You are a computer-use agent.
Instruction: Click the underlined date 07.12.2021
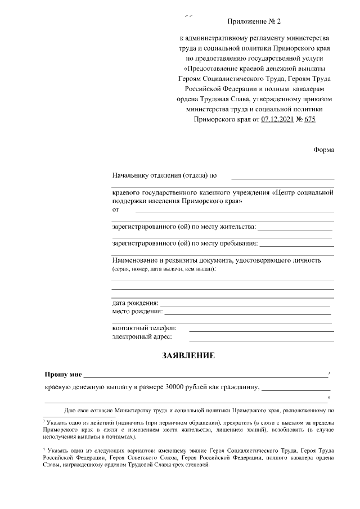pyautogui.click(x=277, y=119)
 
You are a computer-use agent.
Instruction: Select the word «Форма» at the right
pyautogui.click(x=323, y=150)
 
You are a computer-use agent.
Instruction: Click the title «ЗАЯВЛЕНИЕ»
pyautogui.click(x=188, y=356)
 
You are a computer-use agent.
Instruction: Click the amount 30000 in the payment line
pyautogui.click(x=174, y=387)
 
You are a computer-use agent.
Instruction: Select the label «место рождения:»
pyautogui.click(x=137, y=311)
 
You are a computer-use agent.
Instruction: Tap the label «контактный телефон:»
pyautogui.click(x=145, y=328)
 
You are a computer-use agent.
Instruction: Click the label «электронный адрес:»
pyautogui.click(x=142, y=337)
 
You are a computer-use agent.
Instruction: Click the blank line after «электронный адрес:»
pyautogui.click(x=261, y=340)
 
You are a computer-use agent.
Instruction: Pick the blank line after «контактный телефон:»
pyautogui.click(x=261, y=331)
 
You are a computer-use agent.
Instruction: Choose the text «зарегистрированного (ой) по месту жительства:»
pyautogui.click(x=184, y=227)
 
